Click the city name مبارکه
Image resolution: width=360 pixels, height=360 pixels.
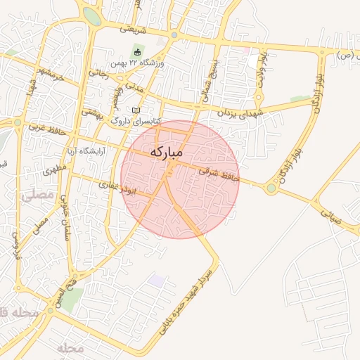tap(167, 152)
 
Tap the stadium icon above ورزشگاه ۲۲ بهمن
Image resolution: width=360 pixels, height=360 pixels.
tap(137, 52)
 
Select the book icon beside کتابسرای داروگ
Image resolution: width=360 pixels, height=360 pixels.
tap(136, 111)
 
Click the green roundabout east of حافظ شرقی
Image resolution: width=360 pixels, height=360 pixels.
tap(271, 188)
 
